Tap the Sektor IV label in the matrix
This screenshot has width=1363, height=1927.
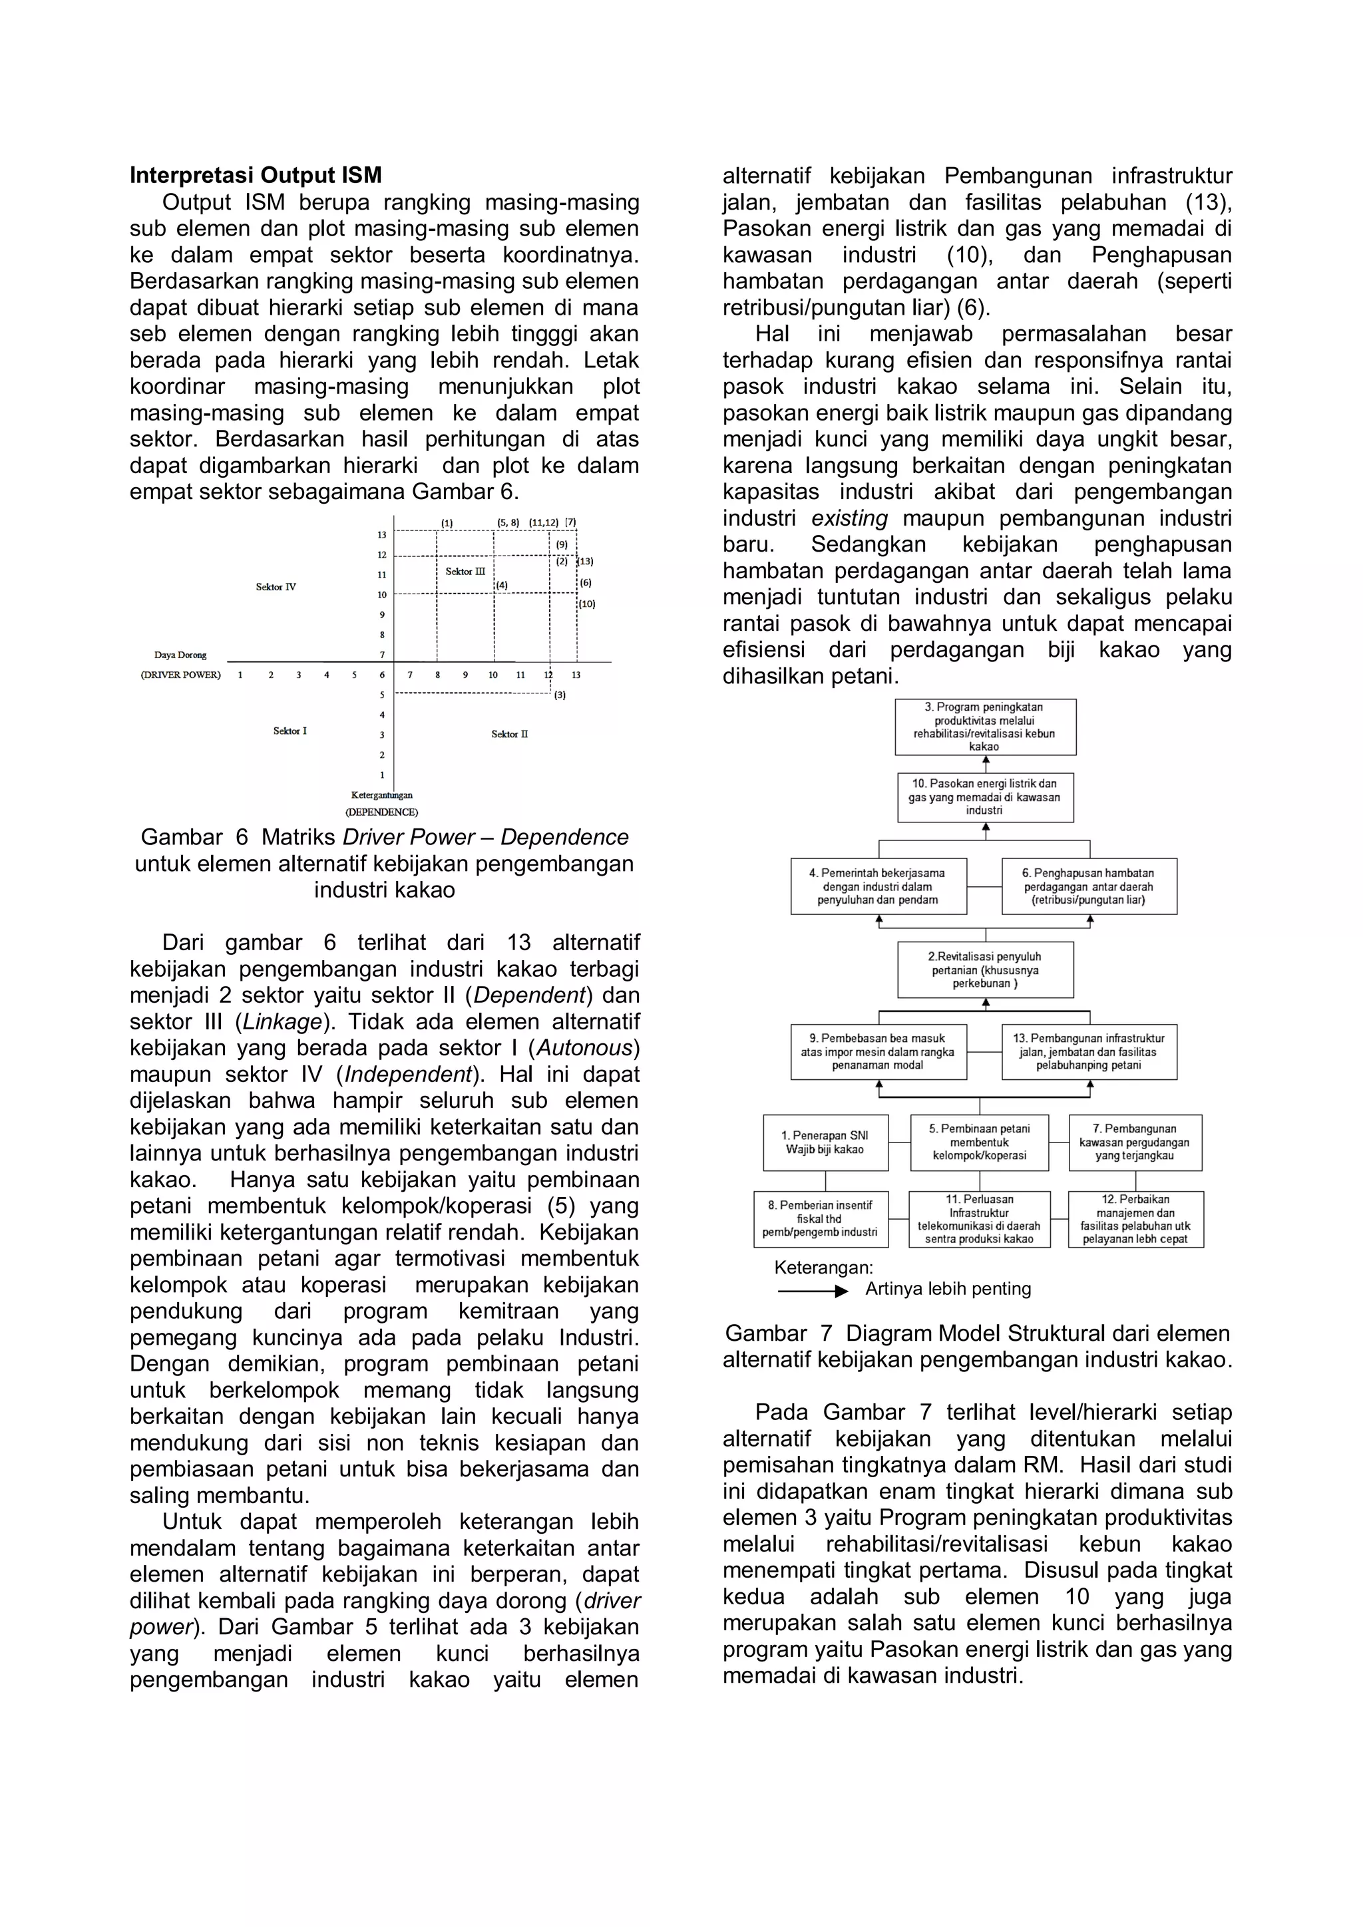click(276, 587)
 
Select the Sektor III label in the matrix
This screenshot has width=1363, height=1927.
click(465, 572)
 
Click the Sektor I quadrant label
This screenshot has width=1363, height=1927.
click(290, 731)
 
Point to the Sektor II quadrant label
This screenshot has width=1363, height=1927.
click(509, 735)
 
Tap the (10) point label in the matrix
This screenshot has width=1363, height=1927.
click(586, 604)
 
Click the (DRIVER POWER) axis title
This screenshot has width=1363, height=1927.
click(180, 675)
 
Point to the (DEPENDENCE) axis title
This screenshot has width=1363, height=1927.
click(382, 812)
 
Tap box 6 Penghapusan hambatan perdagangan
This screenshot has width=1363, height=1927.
click(1089, 886)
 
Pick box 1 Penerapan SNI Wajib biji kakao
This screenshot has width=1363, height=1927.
click(825, 1142)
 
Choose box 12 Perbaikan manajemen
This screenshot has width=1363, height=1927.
click(1135, 1220)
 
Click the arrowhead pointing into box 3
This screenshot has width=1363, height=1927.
click(986, 759)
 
